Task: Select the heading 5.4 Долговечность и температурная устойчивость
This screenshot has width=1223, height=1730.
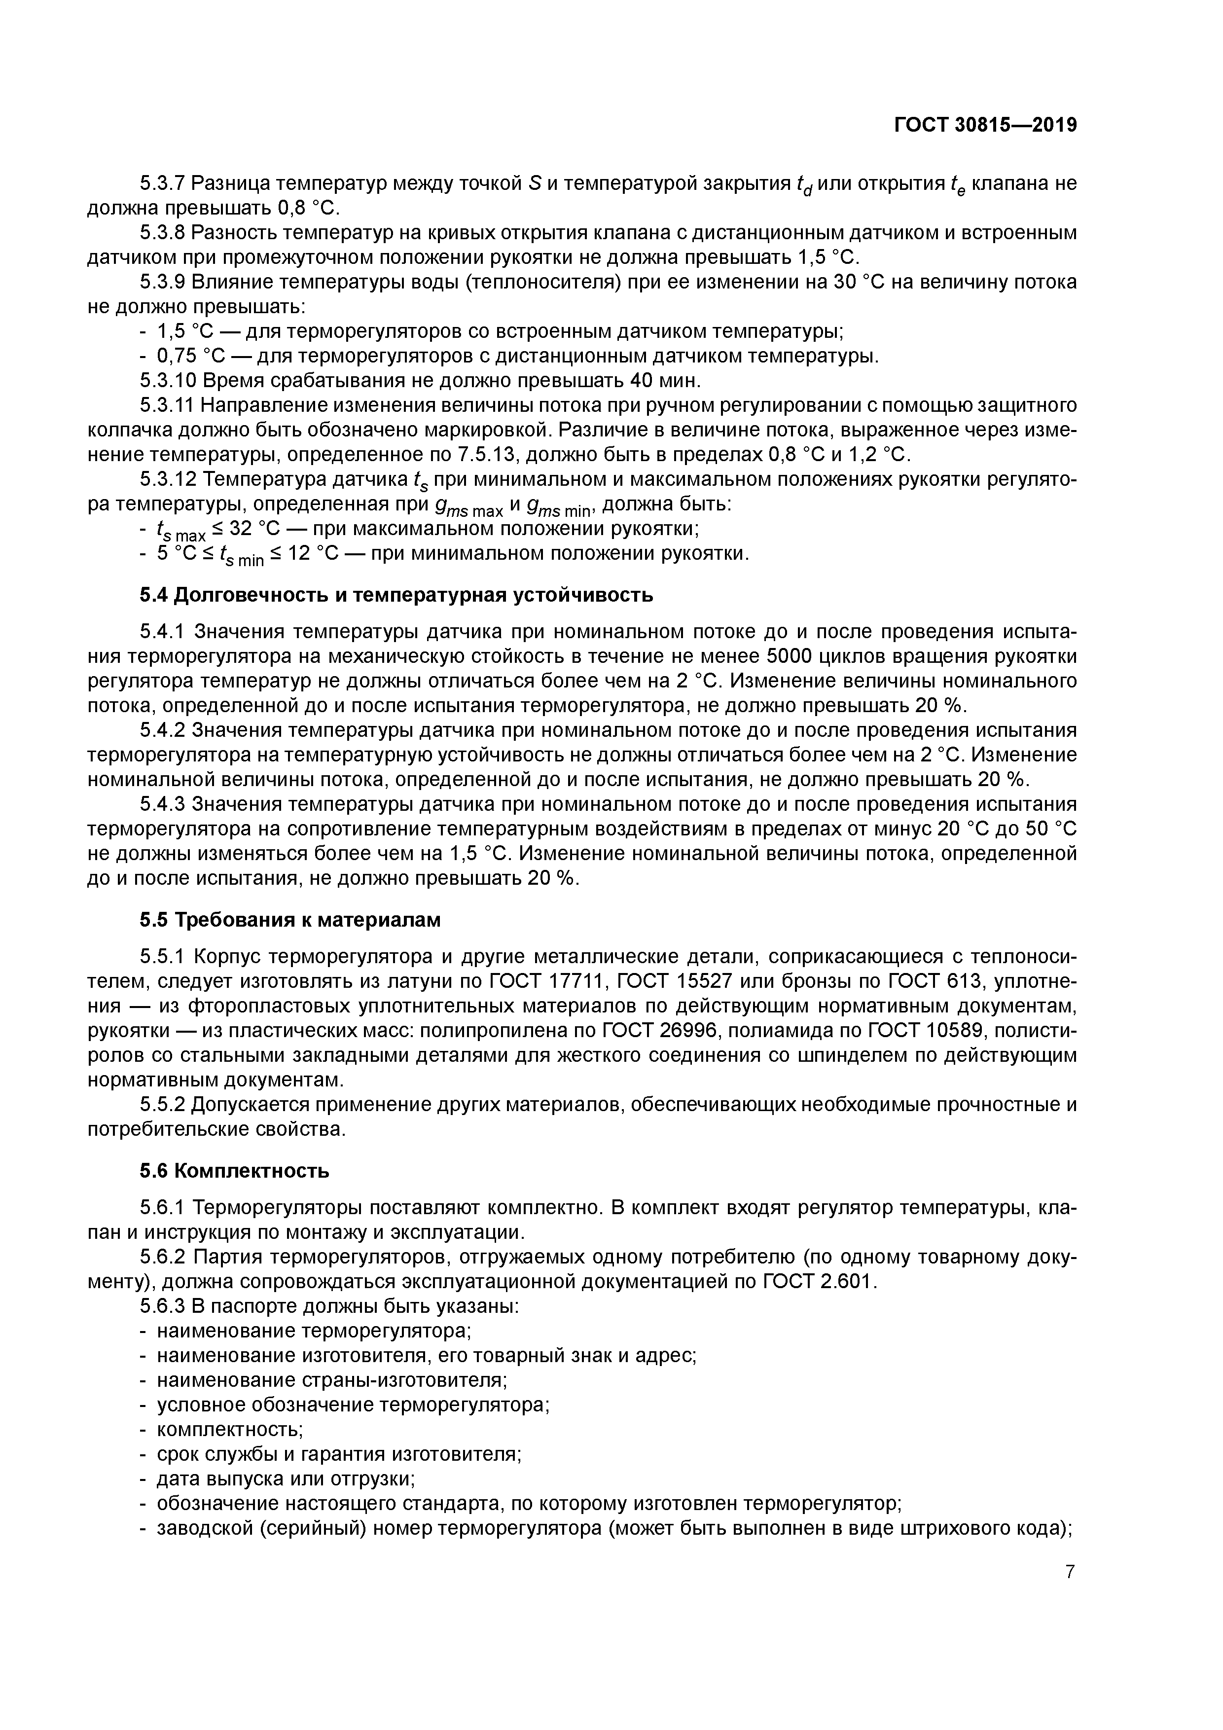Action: [396, 595]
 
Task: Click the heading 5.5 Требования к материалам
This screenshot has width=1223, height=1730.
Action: [289, 920]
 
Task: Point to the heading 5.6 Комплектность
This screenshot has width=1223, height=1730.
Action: [234, 1171]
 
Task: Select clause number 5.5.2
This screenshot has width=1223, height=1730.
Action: [162, 1105]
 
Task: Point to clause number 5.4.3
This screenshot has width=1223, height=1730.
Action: [162, 804]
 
